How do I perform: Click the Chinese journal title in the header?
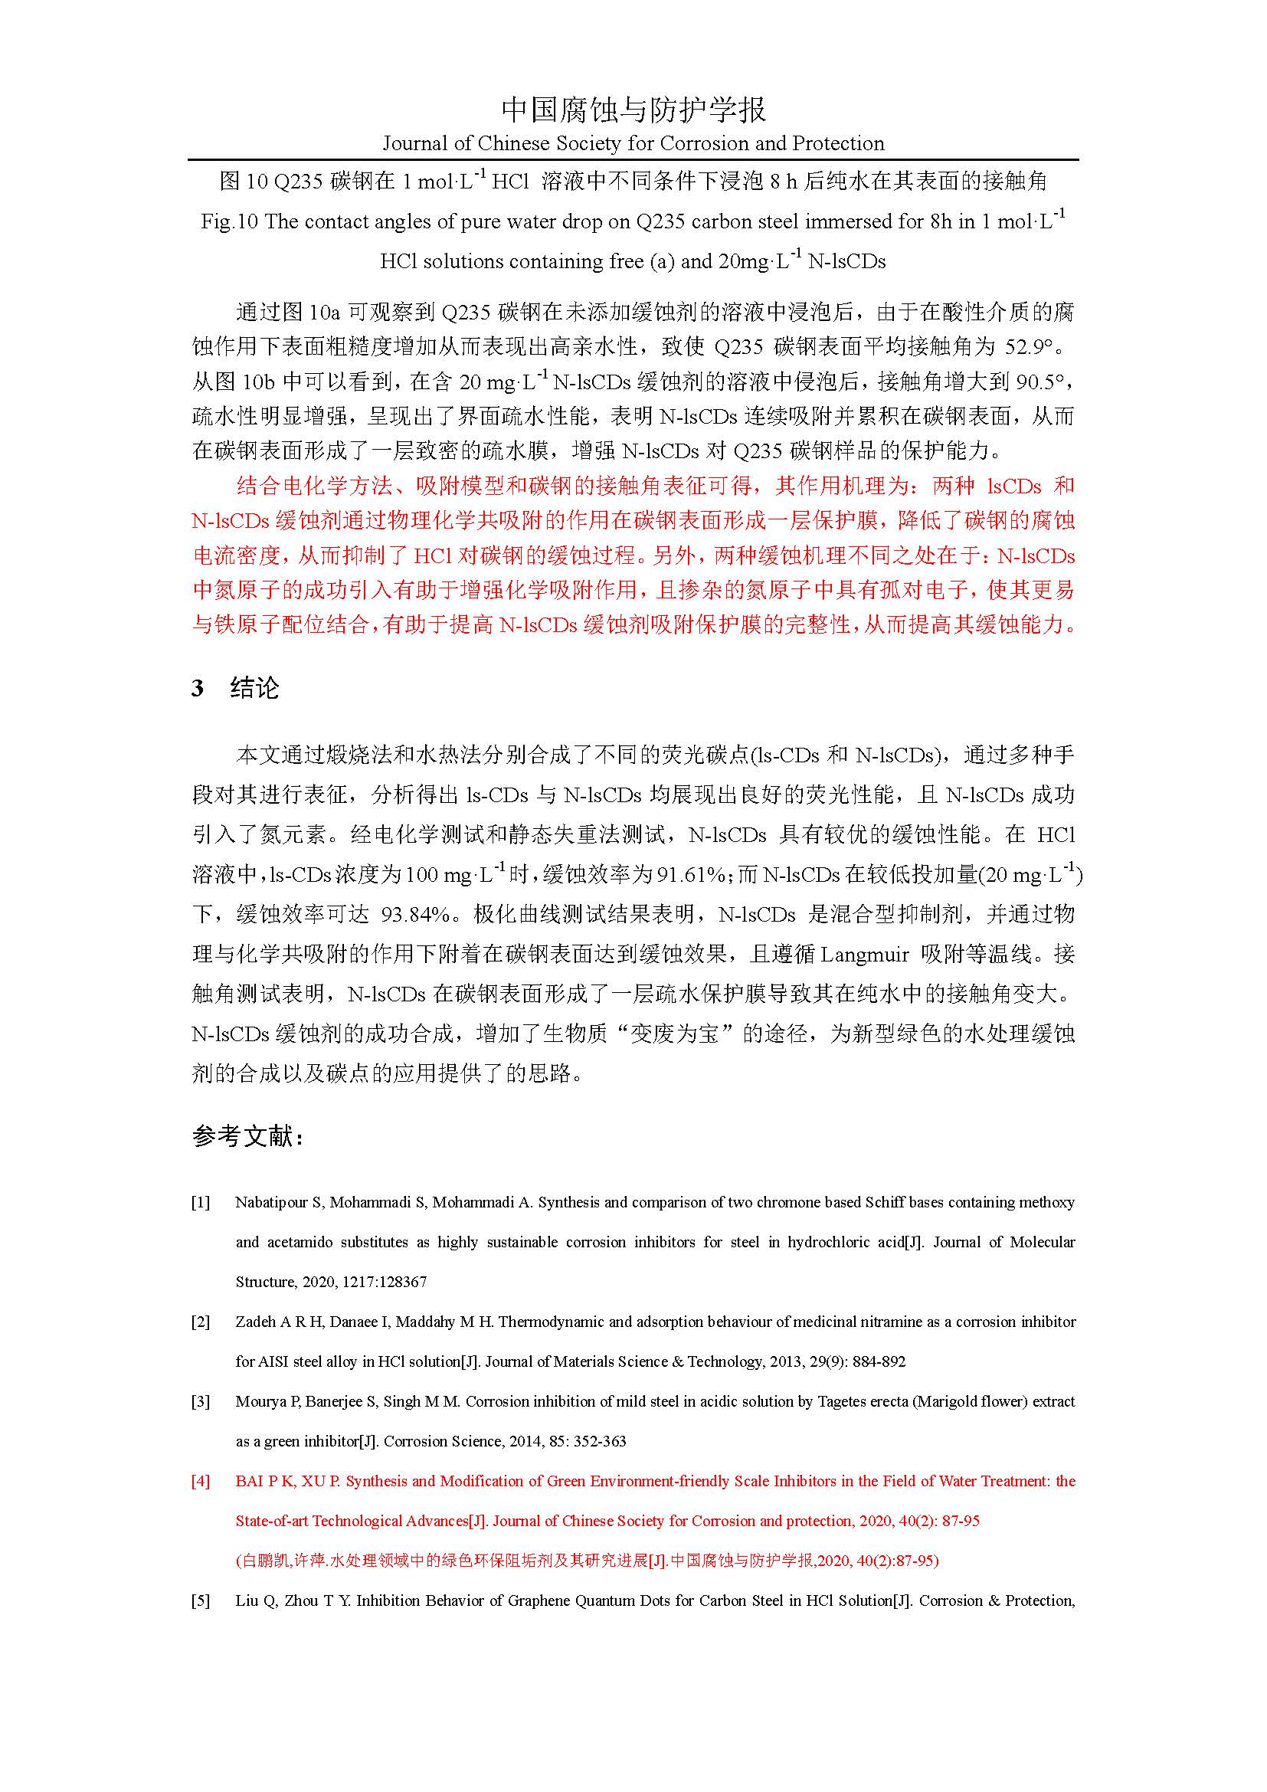point(633,110)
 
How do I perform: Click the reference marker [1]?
point(201,1203)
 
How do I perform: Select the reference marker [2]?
point(201,1322)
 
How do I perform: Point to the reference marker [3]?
point(201,1402)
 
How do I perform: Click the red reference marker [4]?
point(201,1482)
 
